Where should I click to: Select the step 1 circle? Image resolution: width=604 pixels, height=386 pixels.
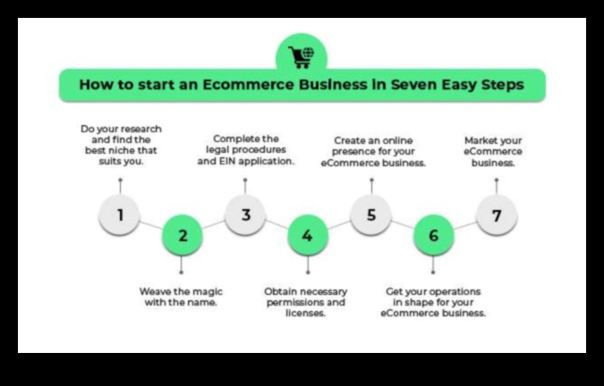click(119, 214)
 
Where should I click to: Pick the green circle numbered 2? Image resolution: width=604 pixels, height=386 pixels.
click(182, 236)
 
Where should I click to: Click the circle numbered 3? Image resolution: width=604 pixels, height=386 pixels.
click(244, 214)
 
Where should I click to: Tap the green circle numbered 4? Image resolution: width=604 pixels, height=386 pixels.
click(307, 236)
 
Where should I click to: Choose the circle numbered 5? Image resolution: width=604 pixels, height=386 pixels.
click(370, 214)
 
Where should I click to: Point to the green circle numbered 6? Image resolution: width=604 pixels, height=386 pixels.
click(433, 236)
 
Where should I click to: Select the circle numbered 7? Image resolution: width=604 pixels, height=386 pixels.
click(496, 214)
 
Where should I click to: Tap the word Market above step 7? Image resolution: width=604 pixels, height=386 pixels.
click(482, 140)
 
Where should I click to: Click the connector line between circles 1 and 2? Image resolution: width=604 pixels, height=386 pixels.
click(150, 224)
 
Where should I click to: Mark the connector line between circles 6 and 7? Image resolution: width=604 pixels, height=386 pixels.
click(464, 224)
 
